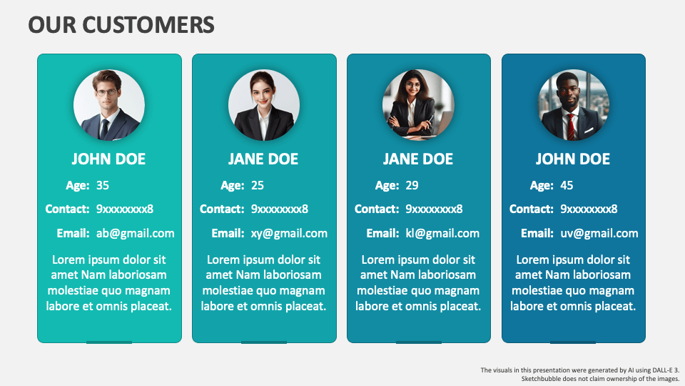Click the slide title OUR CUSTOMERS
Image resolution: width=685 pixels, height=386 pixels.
[121, 25]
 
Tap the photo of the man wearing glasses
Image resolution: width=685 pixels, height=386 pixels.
[109, 105]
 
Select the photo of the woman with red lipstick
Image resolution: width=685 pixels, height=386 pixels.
[264, 105]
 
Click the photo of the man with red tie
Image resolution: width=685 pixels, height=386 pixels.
[574, 105]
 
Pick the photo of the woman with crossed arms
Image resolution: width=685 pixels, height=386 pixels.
[418, 105]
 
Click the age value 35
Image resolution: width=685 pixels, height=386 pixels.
[103, 186]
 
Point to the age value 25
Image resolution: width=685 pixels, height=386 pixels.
[258, 186]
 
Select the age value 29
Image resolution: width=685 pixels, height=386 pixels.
[412, 186]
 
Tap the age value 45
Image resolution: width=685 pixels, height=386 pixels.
[567, 186]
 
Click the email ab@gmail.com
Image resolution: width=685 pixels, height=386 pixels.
[136, 233]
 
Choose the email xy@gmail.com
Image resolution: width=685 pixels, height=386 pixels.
[289, 233]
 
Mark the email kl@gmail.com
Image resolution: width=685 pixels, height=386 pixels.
[442, 233]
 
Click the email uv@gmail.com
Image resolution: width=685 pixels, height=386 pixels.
[599, 233]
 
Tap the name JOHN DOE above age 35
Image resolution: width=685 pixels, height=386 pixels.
[108, 159]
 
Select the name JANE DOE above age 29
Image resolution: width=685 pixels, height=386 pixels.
[418, 159]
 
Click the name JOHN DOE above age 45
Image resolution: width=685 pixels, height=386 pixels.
[573, 159]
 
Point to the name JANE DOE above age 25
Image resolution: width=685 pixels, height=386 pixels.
[263, 159]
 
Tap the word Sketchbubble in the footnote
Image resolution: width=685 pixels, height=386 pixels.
[542, 378]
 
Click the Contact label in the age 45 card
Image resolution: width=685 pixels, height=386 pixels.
[531, 209]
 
